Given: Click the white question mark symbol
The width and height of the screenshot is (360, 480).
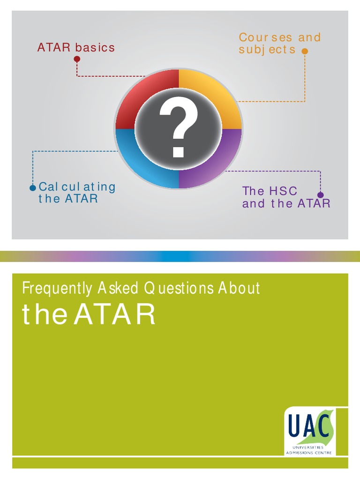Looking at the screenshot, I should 178,129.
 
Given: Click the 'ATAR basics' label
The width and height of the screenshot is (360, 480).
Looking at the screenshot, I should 76,47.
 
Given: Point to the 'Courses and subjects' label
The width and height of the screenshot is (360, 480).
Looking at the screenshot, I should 279,43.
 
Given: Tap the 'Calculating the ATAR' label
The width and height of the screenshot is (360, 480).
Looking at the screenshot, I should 76,193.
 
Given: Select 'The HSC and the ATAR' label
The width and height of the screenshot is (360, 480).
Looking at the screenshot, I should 286,197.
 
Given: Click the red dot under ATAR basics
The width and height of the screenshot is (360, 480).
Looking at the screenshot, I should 77,59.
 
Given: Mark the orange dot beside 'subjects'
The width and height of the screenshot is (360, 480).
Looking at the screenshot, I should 305,51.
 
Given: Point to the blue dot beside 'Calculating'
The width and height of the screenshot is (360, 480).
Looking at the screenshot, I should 32,188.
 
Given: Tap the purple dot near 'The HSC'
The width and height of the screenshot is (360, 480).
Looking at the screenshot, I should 321,195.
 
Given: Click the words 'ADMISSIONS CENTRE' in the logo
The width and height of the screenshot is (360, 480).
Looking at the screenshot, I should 310,452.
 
